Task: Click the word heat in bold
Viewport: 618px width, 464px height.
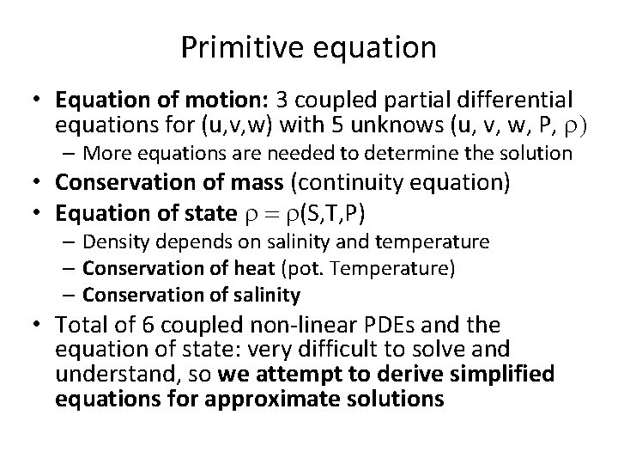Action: [231, 269]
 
